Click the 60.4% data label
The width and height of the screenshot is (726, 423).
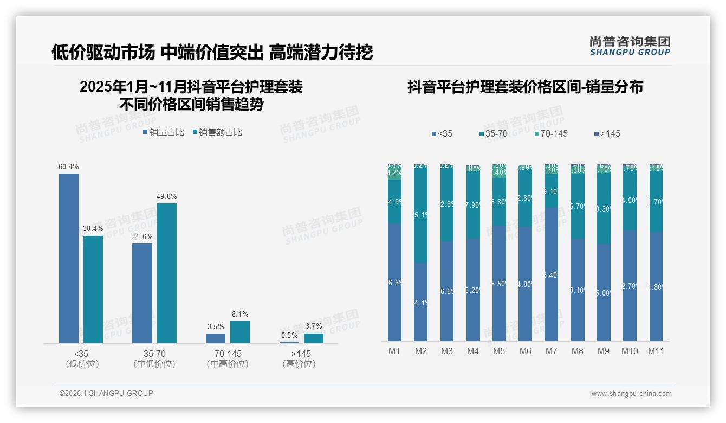point(69,166)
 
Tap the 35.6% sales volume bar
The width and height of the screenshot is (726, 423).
point(142,293)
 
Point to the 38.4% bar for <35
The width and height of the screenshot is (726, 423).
point(93,289)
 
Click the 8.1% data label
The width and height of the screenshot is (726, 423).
point(240,314)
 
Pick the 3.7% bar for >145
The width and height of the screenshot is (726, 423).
point(313,338)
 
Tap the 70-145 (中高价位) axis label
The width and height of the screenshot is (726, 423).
point(228,358)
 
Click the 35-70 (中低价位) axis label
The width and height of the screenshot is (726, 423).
point(154,358)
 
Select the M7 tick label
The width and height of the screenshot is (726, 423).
point(551,351)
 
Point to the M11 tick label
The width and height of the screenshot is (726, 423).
point(656,351)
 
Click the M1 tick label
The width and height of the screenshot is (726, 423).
point(394,351)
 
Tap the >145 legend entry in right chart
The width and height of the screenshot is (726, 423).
point(607,133)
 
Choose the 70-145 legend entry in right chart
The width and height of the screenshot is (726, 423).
point(552,133)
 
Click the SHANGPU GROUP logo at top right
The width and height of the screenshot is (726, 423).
point(630,46)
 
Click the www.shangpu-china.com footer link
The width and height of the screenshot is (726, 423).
point(631,394)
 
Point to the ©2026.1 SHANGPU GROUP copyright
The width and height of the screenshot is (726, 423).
point(106,393)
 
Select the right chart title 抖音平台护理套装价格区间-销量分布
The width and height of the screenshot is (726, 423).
point(525,87)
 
